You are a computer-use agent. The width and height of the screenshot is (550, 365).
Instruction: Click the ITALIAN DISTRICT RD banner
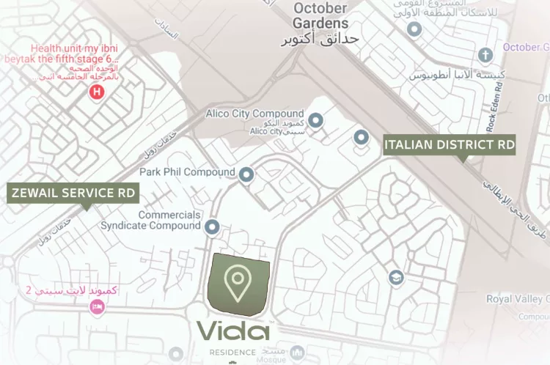pos(450,144)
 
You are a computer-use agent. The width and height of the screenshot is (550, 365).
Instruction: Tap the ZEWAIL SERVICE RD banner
pos(73,193)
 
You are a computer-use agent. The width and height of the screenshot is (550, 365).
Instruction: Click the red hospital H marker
pos(95,92)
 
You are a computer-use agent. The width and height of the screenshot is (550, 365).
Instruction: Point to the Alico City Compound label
pos(254,114)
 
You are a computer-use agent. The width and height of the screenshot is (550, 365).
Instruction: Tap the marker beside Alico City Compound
pos(315,119)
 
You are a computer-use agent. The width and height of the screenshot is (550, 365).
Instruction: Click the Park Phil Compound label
pos(187,172)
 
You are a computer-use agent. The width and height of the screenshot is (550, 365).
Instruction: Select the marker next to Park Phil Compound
pos(246,174)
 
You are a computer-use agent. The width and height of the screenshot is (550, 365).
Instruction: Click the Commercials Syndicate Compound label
pos(150,221)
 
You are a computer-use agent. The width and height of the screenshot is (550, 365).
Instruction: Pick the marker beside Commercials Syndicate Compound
pos(213,227)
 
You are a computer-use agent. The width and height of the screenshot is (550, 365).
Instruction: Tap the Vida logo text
pos(233,331)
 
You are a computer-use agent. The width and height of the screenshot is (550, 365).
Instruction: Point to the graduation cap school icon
pos(396,277)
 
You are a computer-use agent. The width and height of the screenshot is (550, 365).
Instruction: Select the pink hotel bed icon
pos(95,307)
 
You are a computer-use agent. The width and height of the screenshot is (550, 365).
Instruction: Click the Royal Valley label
pos(517,298)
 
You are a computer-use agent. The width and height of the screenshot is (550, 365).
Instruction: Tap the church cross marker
pos(484,55)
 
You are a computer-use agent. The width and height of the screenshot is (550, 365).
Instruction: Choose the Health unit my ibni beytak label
pos(65,54)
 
